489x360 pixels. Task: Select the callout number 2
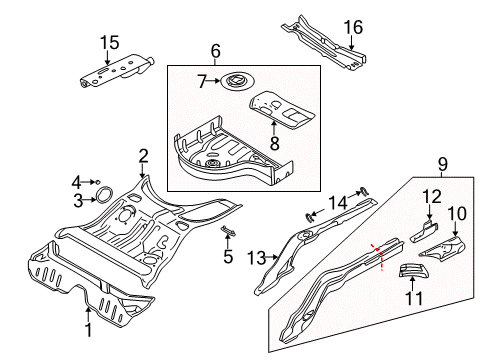coord(143,155)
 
